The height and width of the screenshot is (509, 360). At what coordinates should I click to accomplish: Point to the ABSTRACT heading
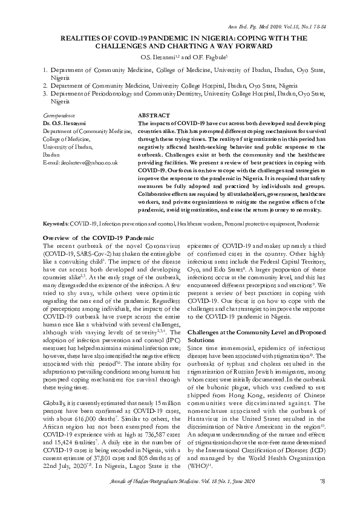tap(154, 115)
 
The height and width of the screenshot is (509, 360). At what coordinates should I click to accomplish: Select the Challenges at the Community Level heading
tap(244, 332)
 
